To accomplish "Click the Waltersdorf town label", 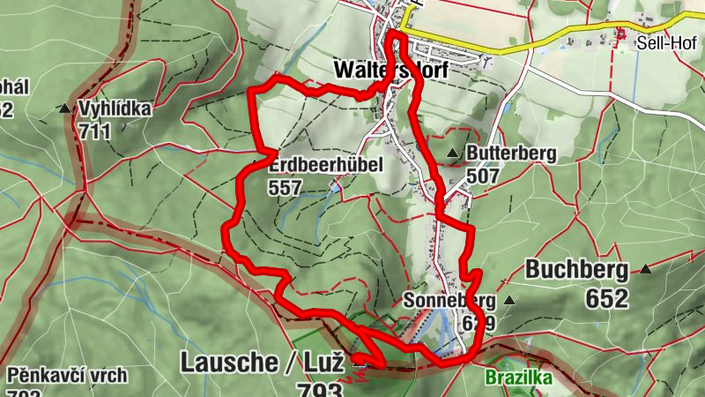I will pos(390,69).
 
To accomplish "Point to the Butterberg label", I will pos(511,154).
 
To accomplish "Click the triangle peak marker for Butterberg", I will pos(453,154).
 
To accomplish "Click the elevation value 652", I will pos(606,298).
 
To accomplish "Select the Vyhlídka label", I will pos(115,109).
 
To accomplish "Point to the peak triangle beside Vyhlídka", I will pos(65,109).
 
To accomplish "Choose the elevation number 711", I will pos(94,131).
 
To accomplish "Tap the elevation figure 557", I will pos(286,186).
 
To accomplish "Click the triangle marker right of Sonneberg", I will pos(508,301).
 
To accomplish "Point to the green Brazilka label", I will pos(518,378).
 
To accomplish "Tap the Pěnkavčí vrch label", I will pos(67,375).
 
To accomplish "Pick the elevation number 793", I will pos(318,391).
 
